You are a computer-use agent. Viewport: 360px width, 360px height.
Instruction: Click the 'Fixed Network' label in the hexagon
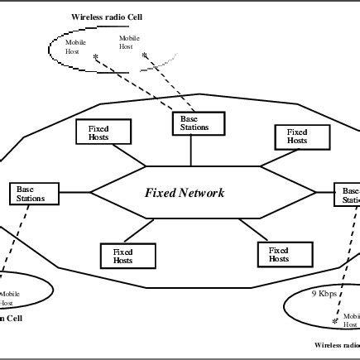coord(184,193)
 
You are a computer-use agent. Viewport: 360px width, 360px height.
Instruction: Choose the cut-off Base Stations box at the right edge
coord(348,194)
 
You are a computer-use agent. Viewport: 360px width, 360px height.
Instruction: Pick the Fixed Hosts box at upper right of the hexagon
coord(296,136)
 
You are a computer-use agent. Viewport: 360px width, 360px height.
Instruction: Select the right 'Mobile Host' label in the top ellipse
coord(129,42)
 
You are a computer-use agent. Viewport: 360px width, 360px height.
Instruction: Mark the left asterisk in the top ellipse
coord(98,58)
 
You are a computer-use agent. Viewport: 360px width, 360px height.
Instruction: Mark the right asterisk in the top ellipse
coord(144,56)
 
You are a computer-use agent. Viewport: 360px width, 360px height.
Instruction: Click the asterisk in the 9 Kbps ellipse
coord(334,320)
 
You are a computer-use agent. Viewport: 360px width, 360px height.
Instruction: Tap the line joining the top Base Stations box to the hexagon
coord(191,149)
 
